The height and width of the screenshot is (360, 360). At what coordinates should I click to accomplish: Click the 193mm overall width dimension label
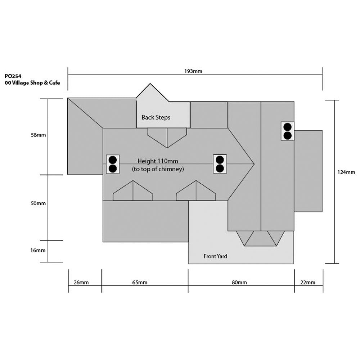tap(193, 71)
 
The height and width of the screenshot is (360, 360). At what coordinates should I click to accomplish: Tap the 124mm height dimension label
tap(346, 172)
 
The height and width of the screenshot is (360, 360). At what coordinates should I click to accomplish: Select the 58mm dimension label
tap(39, 135)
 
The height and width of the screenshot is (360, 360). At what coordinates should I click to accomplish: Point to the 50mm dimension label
tap(38, 203)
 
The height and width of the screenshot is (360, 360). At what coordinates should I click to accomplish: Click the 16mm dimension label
tap(38, 250)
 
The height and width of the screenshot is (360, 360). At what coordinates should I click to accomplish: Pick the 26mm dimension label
tap(81, 282)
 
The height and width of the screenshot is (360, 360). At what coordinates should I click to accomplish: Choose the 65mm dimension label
tap(140, 282)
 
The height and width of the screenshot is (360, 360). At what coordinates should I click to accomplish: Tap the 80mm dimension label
tap(239, 282)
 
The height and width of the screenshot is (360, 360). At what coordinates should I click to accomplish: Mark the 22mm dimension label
tap(308, 282)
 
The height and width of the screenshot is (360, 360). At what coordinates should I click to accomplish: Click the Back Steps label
tap(156, 118)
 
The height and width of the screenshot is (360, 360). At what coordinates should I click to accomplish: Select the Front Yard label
tap(215, 256)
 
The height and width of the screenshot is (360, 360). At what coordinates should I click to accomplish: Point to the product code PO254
tap(13, 76)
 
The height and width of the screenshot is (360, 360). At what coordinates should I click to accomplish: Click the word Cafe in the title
tap(54, 83)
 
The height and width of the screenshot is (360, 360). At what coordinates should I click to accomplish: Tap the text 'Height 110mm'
tap(158, 161)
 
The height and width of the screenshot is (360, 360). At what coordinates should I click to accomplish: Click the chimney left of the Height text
tap(113, 164)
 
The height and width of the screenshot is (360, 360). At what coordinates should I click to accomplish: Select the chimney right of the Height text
tap(220, 164)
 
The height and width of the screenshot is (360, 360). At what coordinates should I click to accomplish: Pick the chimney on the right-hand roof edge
tap(288, 131)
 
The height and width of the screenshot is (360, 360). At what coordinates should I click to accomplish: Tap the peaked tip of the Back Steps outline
tap(150, 84)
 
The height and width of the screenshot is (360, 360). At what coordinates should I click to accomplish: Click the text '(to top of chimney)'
tap(158, 169)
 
